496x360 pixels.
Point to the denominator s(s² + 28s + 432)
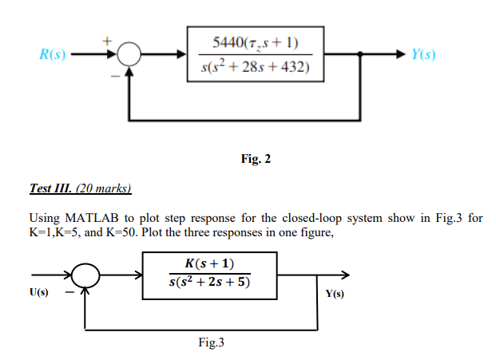(x=256, y=65)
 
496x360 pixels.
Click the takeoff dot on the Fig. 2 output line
(x=361, y=54)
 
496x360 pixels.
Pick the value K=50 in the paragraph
(x=134, y=231)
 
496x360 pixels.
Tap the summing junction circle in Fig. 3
(x=86, y=275)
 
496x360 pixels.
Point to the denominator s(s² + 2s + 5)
(x=209, y=283)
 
